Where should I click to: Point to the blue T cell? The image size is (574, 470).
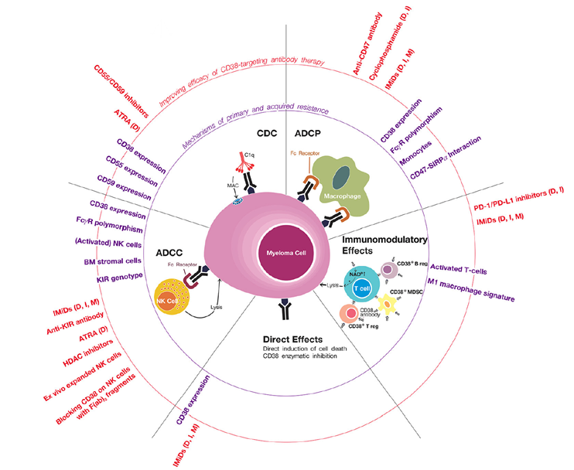360,288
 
